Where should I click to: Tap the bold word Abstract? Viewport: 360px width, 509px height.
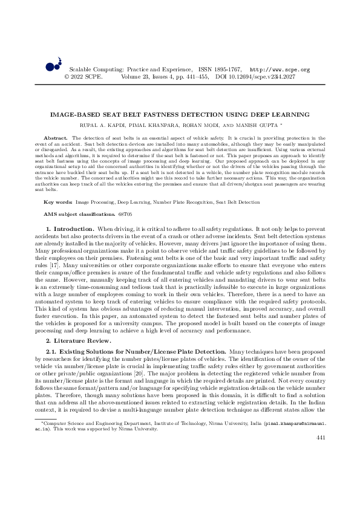[x=57, y=138]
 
